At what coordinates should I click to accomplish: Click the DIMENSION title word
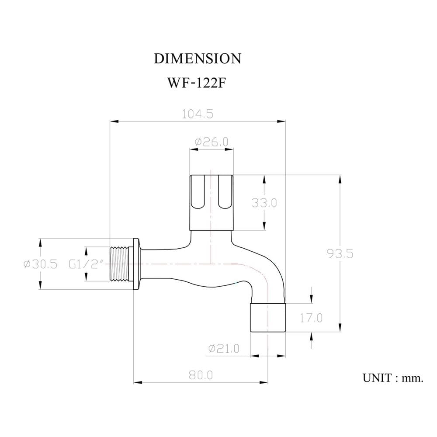click(x=198, y=59)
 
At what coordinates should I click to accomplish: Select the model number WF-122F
click(x=196, y=83)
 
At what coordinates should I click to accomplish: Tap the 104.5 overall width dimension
click(x=198, y=114)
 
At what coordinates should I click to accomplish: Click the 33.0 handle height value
click(x=264, y=203)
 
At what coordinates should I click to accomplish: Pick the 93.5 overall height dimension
click(x=340, y=253)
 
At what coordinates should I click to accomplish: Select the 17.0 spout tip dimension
click(x=311, y=318)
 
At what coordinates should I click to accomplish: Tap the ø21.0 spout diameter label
click(x=224, y=348)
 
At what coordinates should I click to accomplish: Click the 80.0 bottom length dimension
click(x=201, y=375)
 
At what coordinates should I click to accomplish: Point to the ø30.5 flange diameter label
click(x=40, y=264)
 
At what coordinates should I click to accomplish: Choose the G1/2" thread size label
click(x=87, y=264)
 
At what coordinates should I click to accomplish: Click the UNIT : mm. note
click(x=393, y=378)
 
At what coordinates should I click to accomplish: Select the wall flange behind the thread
click(x=136, y=264)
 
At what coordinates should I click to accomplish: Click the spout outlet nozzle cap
click(x=268, y=318)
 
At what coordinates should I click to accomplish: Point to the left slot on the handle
click(x=198, y=192)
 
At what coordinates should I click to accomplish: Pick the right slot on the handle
click(x=225, y=192)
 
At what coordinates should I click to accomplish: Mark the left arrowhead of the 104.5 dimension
click(x=114, y=121)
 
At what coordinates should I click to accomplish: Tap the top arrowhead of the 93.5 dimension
click(x=340, y=179)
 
